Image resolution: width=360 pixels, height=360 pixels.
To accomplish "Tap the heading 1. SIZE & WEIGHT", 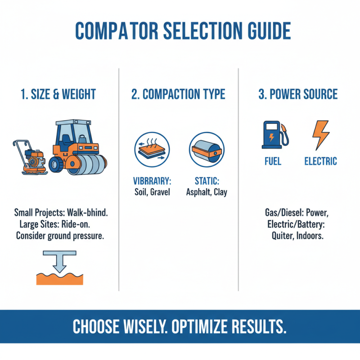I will pyautogui.click(x=58, y=94).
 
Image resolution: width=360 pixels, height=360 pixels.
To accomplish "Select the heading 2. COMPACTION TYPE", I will pyautogui.click(x=178, y=94).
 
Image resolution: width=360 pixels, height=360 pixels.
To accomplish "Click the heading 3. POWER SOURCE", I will pyautogui.click(x=298, y=94).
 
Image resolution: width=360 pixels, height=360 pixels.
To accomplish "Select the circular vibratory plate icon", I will pyautogui.click(x=149, y=148).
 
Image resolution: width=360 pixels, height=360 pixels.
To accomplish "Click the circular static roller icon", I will pyautogui.click(x=206, y=148).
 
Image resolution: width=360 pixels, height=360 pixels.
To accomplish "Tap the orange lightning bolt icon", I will pyautogui.click(x=320, y=135).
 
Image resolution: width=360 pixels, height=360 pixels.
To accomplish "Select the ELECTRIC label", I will pyautogui.click(x=320, y=161).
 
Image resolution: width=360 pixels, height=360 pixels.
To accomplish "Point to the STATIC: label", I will pyautogui.click(x=207, y=182).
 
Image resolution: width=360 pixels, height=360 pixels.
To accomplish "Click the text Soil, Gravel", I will pyautogui.click(x=149, y=192).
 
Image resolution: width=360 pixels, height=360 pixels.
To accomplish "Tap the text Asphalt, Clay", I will pyautogui.click(x=207, y=192).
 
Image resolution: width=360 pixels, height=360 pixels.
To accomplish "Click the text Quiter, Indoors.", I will pyautogui.click(x=297, y=236).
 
